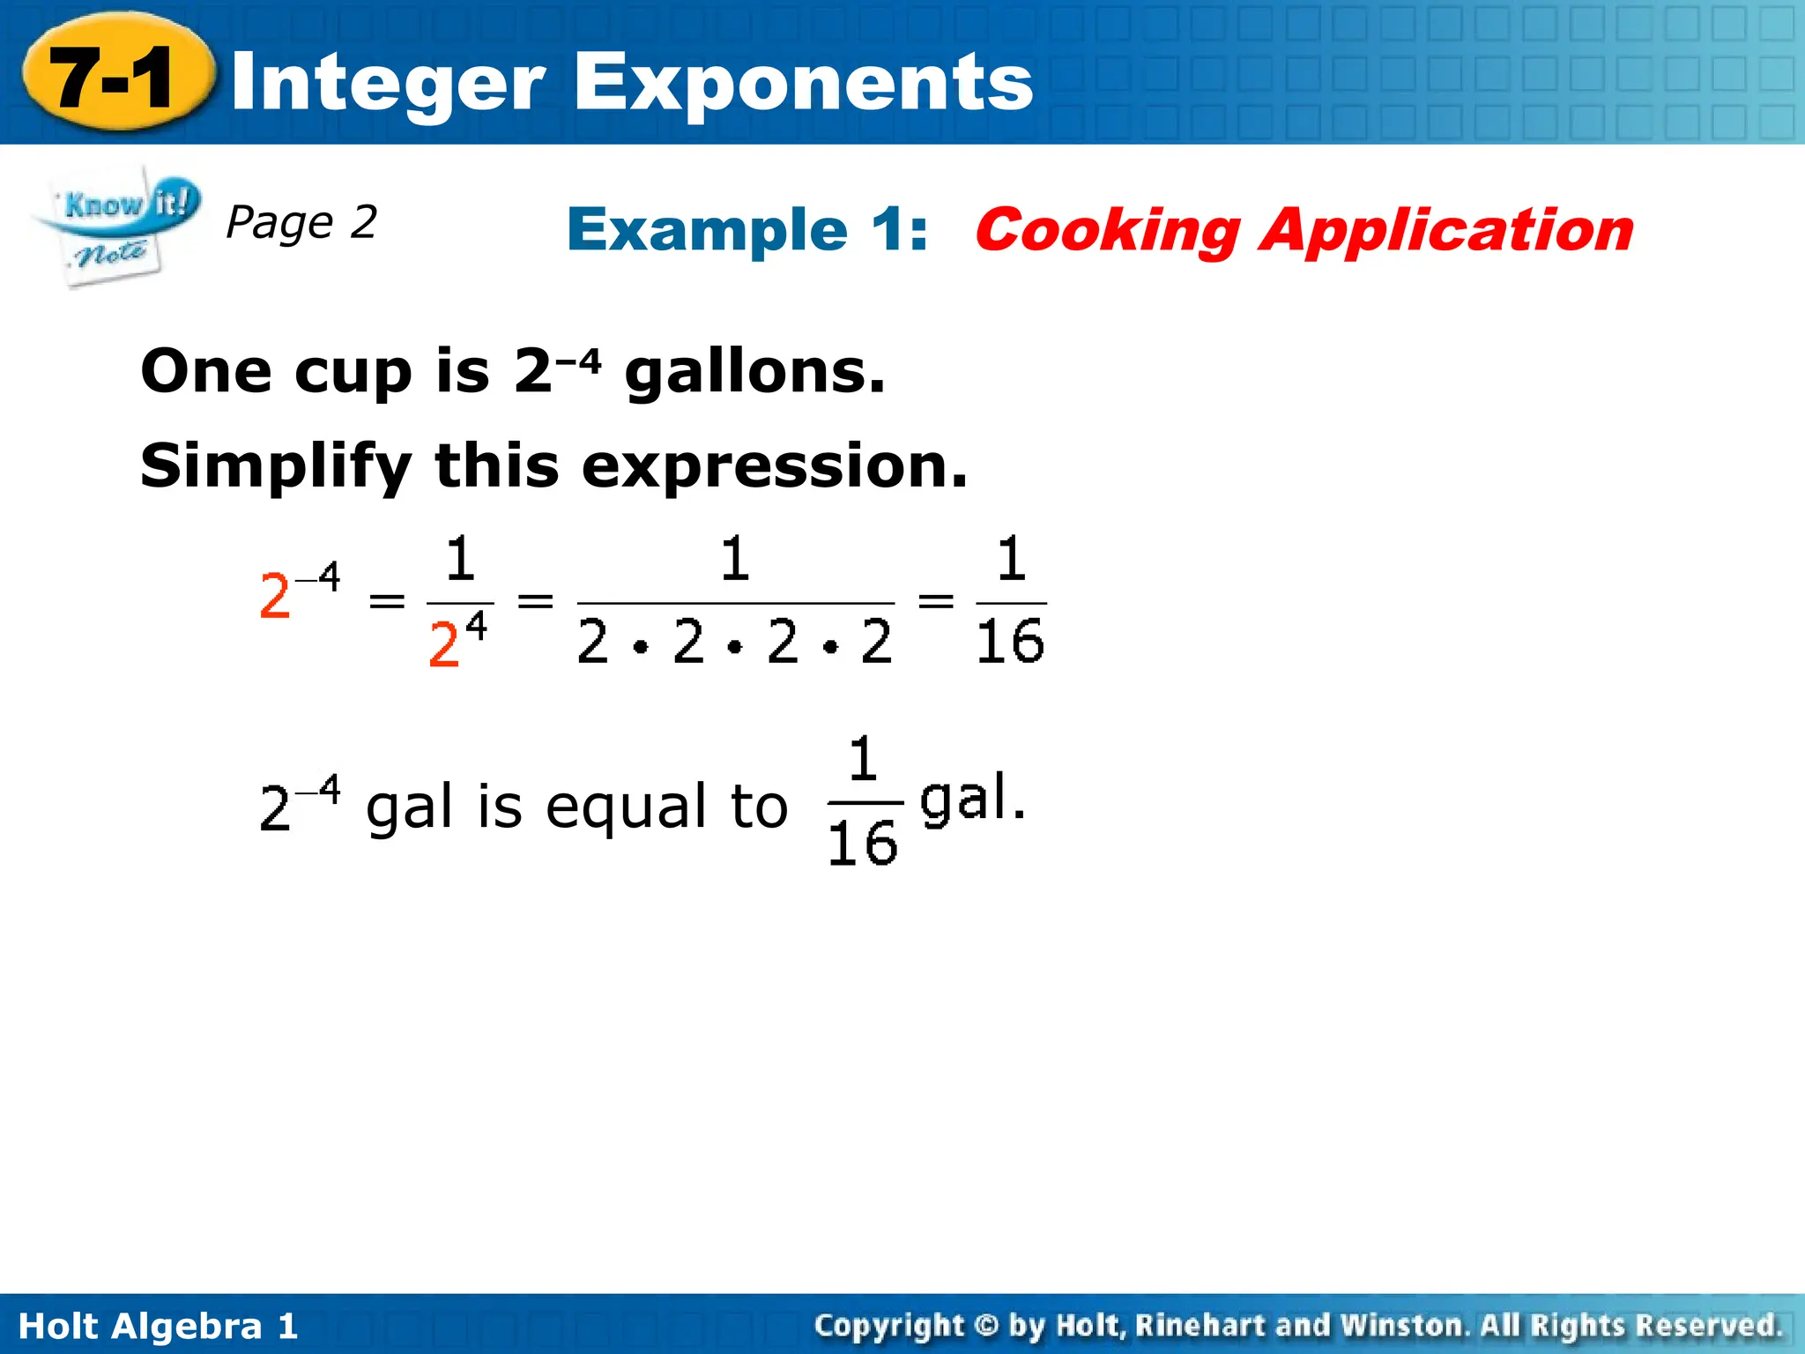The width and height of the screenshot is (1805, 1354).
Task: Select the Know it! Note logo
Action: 115,226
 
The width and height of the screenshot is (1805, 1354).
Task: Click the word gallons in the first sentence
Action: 754,372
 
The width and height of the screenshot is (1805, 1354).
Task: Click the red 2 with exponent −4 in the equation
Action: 276,597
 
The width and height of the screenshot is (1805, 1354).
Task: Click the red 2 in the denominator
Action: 444,644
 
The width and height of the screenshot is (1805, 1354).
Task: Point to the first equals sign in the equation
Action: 387,602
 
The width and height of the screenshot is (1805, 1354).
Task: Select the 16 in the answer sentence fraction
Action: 863,844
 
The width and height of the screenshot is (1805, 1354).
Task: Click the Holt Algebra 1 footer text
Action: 159,1326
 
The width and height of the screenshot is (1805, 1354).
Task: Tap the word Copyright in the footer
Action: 889,1325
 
